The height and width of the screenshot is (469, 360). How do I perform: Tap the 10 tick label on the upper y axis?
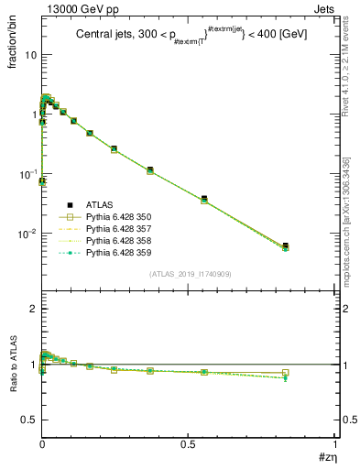point(30,54)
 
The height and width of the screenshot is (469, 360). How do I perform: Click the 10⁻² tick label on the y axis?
point(27,234)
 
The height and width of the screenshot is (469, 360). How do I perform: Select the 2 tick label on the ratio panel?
point(33,309)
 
